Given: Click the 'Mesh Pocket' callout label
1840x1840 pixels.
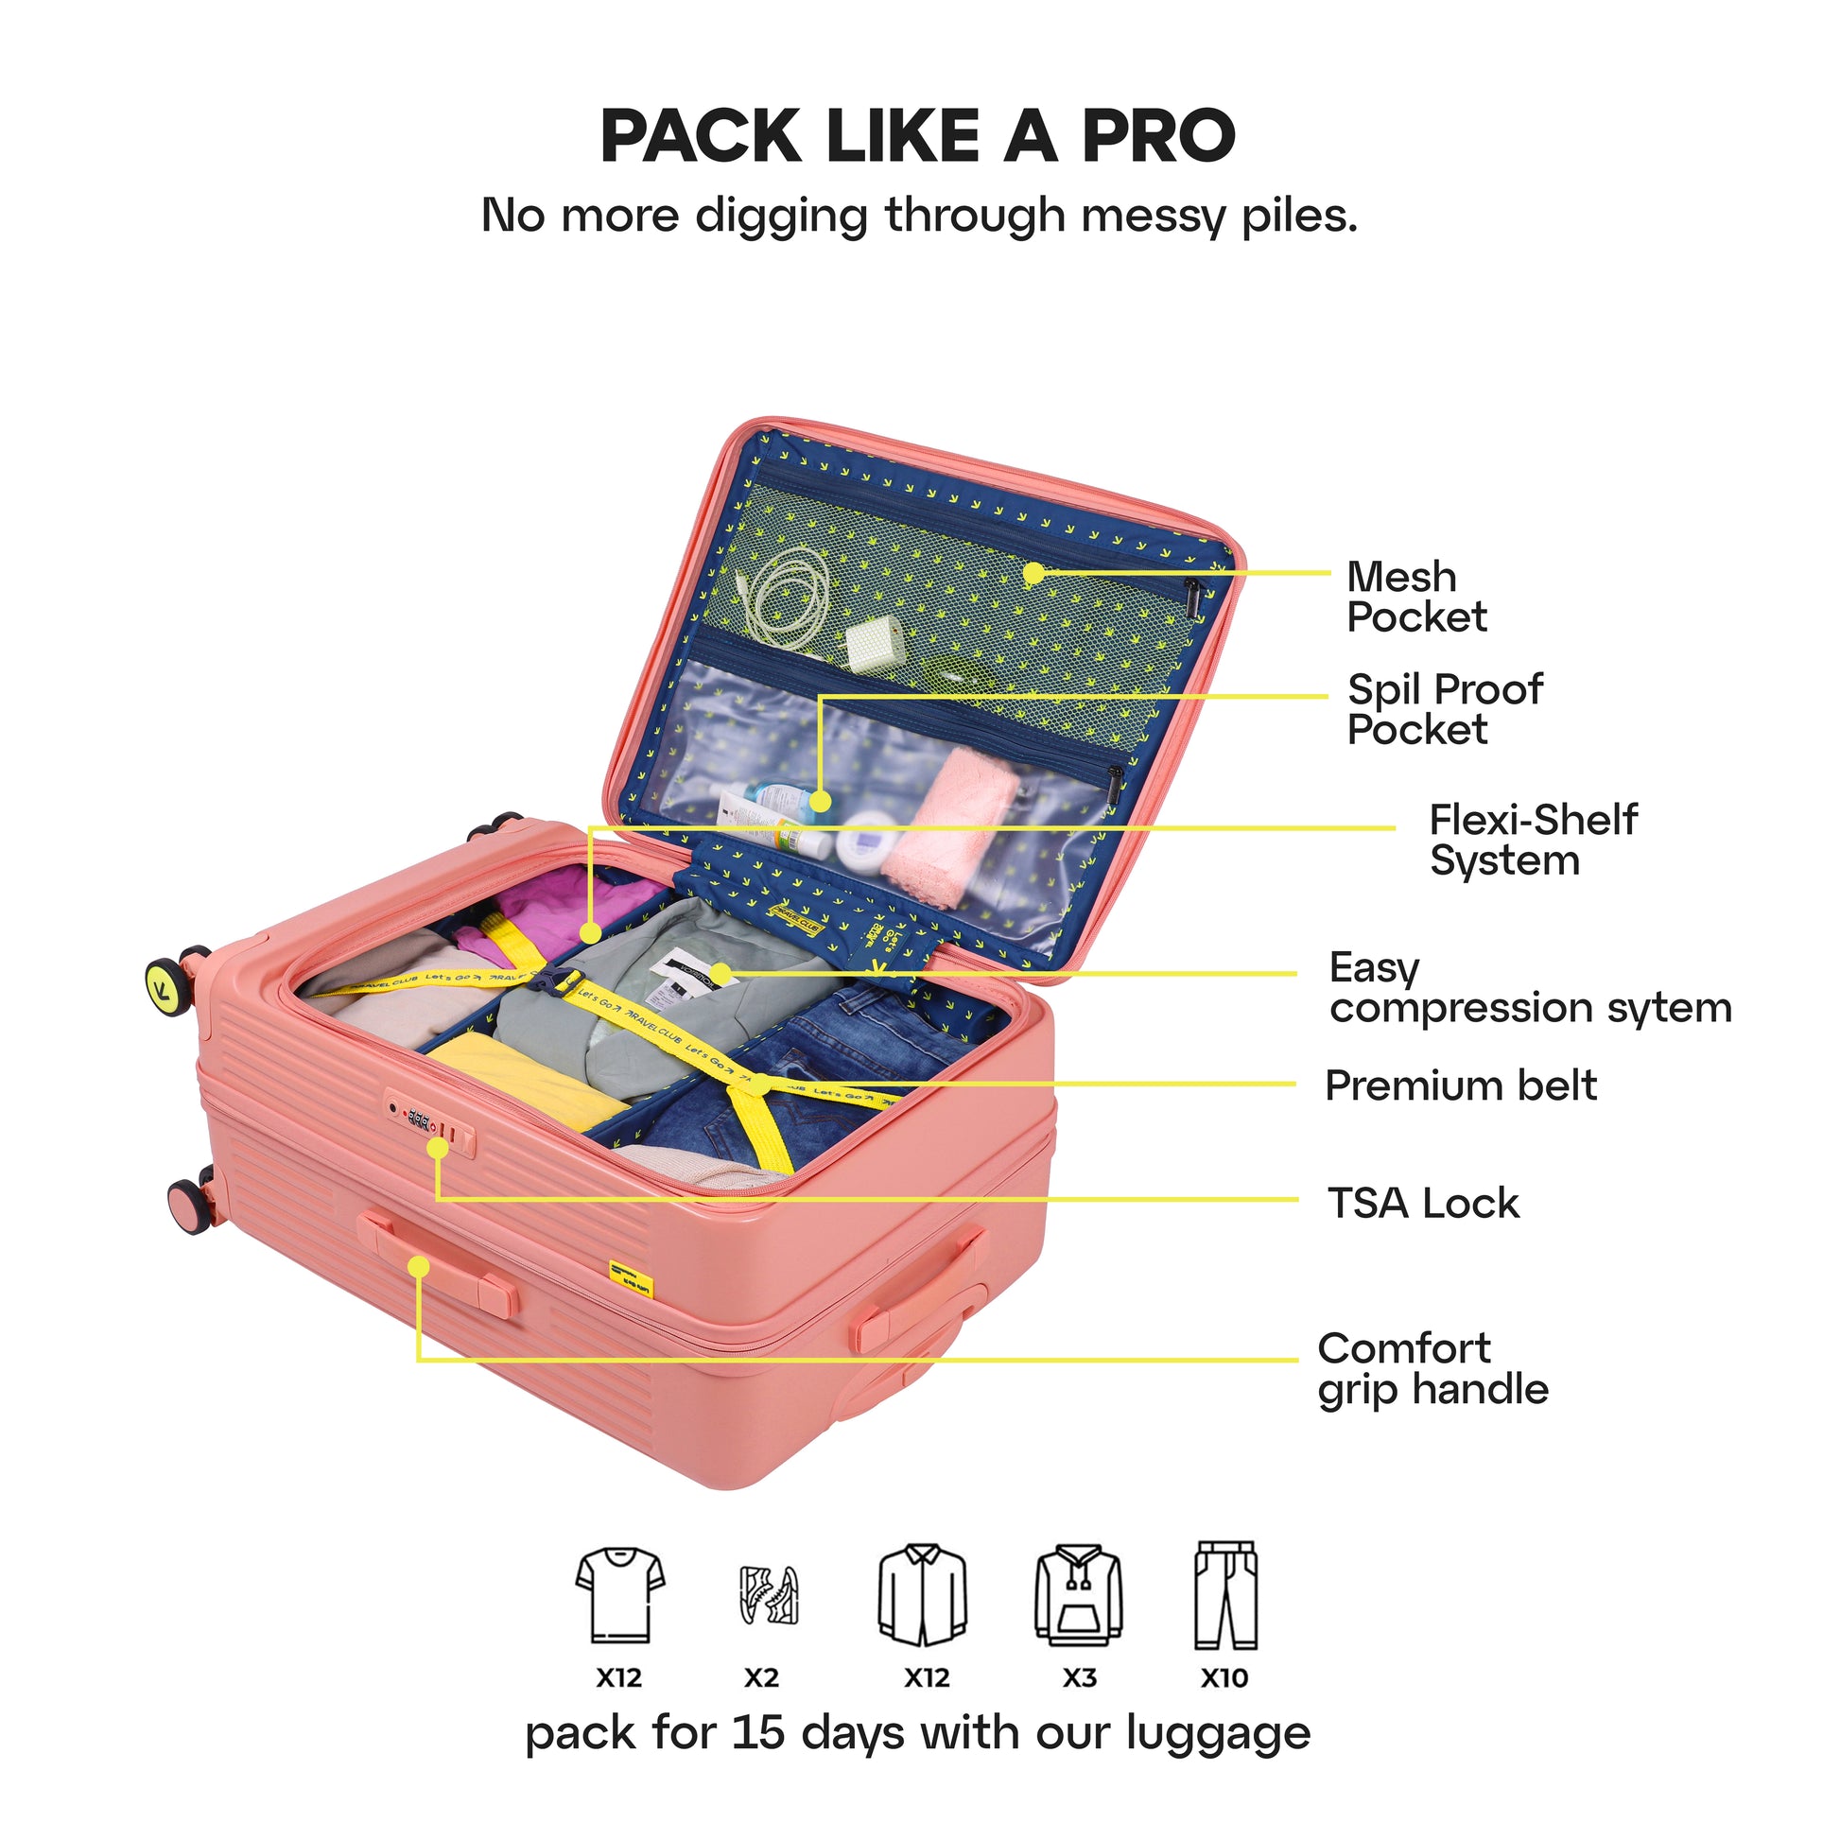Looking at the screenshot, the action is pyautogui.click(x=1416, y=598).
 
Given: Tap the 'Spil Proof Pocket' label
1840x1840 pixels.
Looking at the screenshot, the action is pyautogui.click(x=1445, y=709).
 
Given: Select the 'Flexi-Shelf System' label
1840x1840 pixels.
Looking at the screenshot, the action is pyautogui.click(x=1533, y=839).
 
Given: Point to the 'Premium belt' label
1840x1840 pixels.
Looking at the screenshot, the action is pyautogui.click(x=1461, y=1085).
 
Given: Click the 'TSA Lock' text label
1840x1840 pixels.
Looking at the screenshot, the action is pyautogui.click(x=1423, y=1203).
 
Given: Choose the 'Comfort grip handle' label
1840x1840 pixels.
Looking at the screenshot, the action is pyautogui.click(x=1432, y=1368).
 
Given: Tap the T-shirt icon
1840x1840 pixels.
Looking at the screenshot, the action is pyautogui.click(x=620, y=1594).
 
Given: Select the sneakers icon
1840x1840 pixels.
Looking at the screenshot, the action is pyautogui.click(x=769, y=1595).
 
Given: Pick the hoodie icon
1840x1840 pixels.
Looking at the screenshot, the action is pyautogui.click(x=1078, y=1595).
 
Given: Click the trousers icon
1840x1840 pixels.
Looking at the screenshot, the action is pyautogui.click(x=1225, y=1594).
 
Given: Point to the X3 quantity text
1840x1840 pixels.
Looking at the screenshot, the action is pyautogui.click(x=1079, y=1677).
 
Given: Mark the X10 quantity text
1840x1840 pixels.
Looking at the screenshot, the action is pyautogui.click(x=1224, y=1677).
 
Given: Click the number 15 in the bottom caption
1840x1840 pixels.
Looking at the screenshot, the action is pyautogui.click(x=758, y=1732).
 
